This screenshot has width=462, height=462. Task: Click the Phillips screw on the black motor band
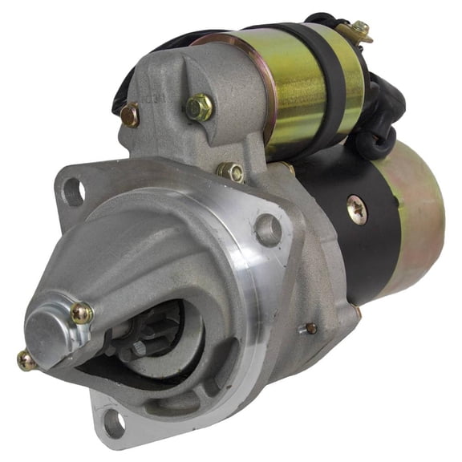pyautogui.click(x=358, y=211)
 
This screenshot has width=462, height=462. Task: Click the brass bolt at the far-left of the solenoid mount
pyautogui.click(x=131, y=115)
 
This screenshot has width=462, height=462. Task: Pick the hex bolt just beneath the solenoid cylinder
pyautogui.click(x=231, y=171)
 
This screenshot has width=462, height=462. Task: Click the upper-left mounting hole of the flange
pyautogui.click(x=74, y=191)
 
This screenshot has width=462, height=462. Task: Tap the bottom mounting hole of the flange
pyautogui.click(x=112, y=422)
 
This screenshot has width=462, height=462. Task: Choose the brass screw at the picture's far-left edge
pyautogui.click(x=26, y=362)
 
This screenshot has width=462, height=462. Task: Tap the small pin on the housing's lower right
pyautogui.click(x=310, y=327)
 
